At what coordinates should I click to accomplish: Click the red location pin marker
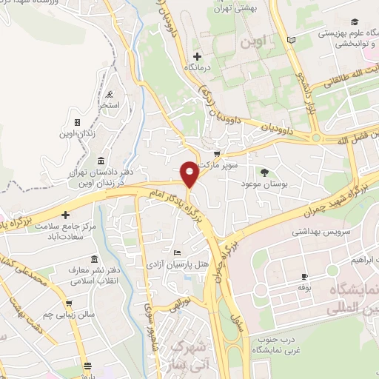click(190, 173)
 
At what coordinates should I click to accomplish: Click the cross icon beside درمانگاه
click(196, 56)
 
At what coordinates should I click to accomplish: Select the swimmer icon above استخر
click(110, 93)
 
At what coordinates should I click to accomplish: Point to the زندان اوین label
click(90, 133)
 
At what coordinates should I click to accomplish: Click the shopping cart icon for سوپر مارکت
click(215, 153)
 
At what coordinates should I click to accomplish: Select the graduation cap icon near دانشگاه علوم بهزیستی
click(354, 23)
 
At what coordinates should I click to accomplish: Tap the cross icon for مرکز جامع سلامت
click(65, 214)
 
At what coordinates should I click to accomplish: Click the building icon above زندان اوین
click(76, 122)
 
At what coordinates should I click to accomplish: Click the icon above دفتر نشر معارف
click(93, 259)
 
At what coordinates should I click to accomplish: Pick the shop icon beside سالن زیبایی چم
click(69, 302)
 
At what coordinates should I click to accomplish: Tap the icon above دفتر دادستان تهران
click(101, 161)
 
